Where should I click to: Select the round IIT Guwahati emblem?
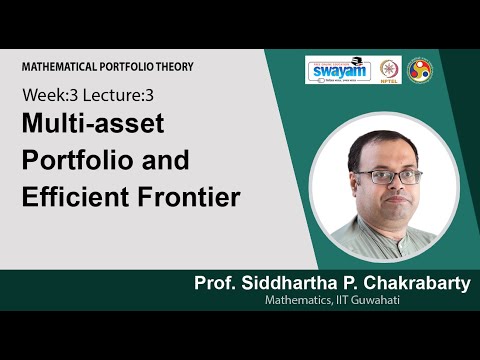423,71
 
